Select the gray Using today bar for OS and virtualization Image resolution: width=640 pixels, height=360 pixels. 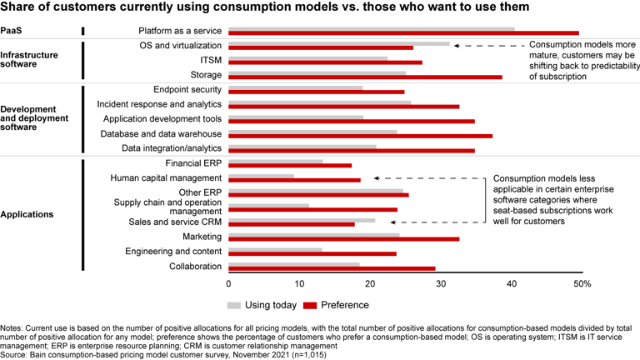[x=338, y=43]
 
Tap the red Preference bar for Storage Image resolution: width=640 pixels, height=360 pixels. [x=364, y=77]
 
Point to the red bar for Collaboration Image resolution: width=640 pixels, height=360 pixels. [x=331, y=268]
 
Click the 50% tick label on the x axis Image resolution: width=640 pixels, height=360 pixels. [x=582, y=284]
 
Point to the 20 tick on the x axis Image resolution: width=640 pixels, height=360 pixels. [x=369, y=284]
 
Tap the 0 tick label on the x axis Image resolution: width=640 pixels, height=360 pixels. [x=227, y=284]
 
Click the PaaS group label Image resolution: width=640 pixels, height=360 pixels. [x=13, y=32]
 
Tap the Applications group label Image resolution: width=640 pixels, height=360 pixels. [x=27, y=214]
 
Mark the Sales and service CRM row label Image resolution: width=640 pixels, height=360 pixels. [x=176, y=222]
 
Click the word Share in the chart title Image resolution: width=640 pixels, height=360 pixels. [x=20, y=8]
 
